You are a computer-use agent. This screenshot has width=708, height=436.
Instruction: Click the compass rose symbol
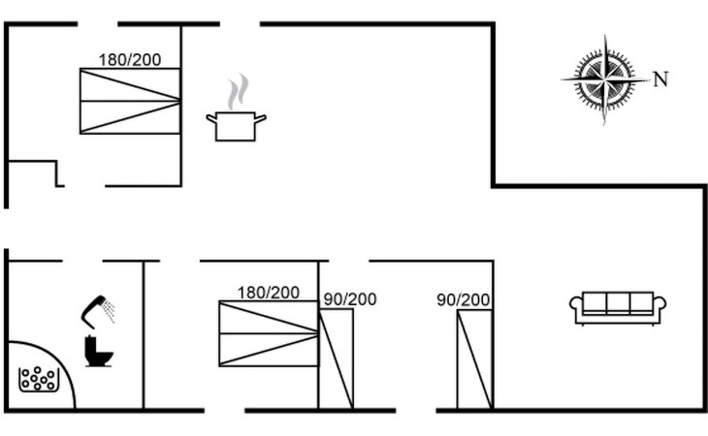tap(605, 79)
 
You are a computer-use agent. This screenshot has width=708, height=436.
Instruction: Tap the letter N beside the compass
tap(660, 79)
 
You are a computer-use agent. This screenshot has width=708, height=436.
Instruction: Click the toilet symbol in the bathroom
tap(98, 351)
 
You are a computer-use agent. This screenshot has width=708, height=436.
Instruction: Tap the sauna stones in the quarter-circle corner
tap(38, 379)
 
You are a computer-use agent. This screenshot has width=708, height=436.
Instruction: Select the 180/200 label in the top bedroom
tap(130, 60)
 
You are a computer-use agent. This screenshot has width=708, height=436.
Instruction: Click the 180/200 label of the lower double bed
tap(269, 293)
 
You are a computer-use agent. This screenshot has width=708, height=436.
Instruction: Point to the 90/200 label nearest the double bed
tap(350, 299)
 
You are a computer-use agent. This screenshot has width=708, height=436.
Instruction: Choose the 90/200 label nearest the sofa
tap(464, 299)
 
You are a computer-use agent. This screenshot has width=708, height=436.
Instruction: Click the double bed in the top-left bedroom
tap(130, 101)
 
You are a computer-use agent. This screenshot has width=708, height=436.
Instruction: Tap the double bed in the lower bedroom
tap(269, 334)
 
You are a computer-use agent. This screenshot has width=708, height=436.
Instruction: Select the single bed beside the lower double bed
tap(337, 358)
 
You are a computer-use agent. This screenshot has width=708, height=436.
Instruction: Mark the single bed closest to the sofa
tap(475, 358)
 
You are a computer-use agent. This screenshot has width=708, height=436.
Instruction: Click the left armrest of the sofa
tap(576, 308)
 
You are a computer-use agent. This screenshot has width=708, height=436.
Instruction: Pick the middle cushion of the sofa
tap(618, 303)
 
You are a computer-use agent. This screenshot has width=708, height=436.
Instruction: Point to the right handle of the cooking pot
tap(260, 118)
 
